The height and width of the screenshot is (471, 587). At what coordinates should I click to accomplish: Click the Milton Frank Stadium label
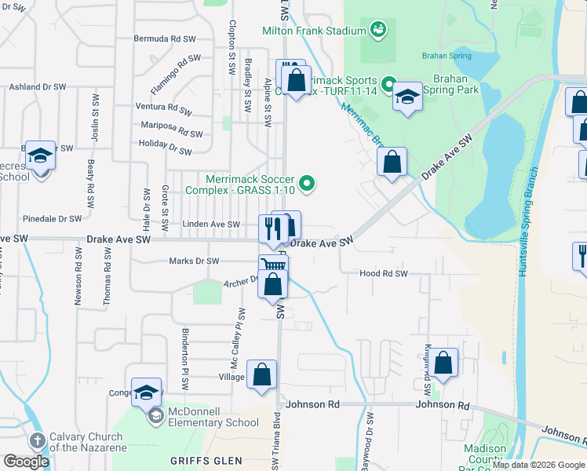point(315,31)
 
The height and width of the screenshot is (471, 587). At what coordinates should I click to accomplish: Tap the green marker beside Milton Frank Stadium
point(378,30)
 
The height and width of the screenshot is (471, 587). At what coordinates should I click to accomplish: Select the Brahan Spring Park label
point(450,84)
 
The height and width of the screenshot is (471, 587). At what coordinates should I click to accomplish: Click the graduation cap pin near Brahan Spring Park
point(407,97)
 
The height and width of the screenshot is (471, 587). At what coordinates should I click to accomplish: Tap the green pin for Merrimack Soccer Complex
point(308,184)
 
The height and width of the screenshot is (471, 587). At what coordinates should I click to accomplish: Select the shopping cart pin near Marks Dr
point(273,266)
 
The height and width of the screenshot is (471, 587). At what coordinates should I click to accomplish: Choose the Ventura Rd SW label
point(163,110)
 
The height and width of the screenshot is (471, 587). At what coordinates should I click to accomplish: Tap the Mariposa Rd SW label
point(172,130)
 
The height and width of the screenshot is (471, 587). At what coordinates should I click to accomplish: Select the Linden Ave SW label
point(210,225)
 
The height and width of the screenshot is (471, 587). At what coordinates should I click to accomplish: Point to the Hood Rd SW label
point(384,273)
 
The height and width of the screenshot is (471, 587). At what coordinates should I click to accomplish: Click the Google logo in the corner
point(26,462)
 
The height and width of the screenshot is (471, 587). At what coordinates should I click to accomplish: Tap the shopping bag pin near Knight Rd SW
point(443,363)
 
